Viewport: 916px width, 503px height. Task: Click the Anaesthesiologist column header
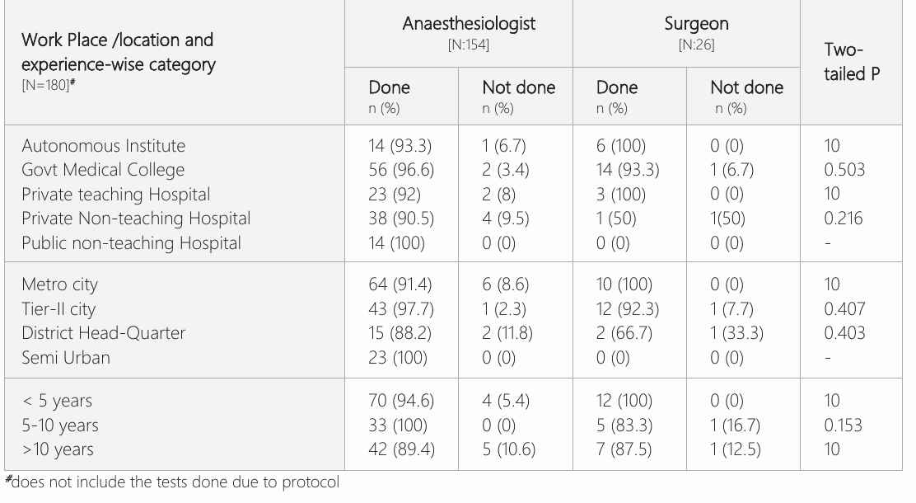click(x=469, y=23)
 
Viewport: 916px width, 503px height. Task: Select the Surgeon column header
click(x=696, y=23)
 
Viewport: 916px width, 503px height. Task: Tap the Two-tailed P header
click(x=851, y=61)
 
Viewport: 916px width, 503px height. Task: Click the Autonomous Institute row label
click(x=104, y=146)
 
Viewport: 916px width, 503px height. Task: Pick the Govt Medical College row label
click(x=103, y=170)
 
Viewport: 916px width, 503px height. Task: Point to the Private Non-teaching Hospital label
click(x=136, y=219)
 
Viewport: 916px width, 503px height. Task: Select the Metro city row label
click(x=59, y=284)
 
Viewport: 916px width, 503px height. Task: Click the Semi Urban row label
click(x=65, y=357)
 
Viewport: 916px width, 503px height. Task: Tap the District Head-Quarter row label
click(x=104, y=333)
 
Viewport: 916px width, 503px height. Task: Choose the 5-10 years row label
click(x=59, y=425)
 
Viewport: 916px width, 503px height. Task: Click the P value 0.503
click(x=844, y=170)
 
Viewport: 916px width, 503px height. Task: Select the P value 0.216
click(x=843, y=219)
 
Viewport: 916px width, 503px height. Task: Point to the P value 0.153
click(x=843, y=425)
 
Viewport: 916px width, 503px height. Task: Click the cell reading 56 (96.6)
click(x=400, y=170)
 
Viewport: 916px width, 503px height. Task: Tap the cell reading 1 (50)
click(x=616, y=219)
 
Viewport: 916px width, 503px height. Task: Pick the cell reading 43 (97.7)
click(x=400, y=309)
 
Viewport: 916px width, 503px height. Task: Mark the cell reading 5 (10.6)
click(x=509, y=449)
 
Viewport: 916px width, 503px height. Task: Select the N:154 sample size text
click(x=469, y=45)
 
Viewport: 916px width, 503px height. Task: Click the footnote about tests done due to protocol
click(x=172, y=482)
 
